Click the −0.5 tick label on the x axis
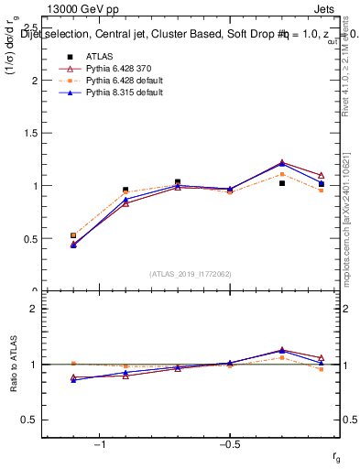coord(226,444)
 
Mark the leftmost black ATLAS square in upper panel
coord(73,235)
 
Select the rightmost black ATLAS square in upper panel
coord(321,184)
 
